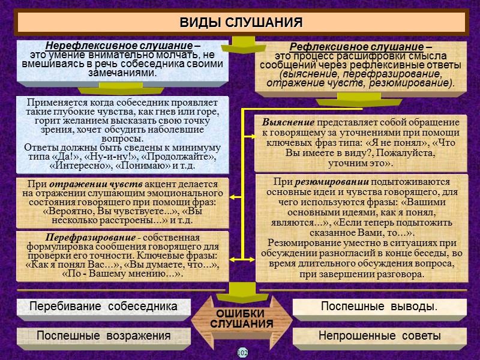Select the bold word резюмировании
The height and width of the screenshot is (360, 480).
(x=328, y=181)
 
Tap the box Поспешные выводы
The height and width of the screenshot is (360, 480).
(x=379, y=306)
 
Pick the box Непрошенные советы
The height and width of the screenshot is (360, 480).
(x=379, y=335)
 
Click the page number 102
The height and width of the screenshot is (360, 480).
(x=242, y=352)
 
